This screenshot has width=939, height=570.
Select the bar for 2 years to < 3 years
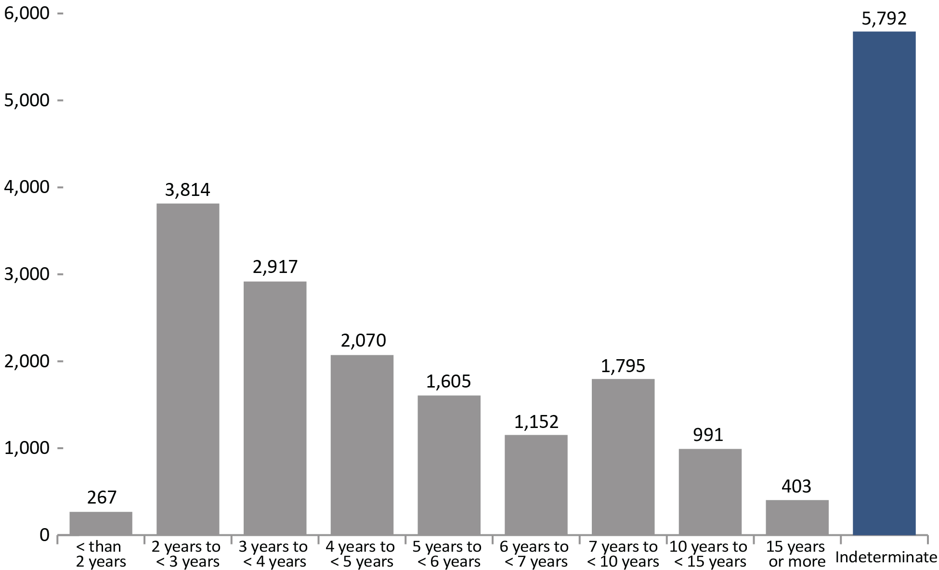click(x=188, y=369)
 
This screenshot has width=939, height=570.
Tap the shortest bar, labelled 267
click(x=101, y=523)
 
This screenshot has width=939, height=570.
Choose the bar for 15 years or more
click(x=797, y=517)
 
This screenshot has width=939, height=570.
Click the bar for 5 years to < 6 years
click(x=449, y=465)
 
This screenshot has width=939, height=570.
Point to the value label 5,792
click(x=884, y=19)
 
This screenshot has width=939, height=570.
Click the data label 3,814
click(x=188, y=190)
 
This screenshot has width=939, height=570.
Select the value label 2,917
click(x=275, y=267)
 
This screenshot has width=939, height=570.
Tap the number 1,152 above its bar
click(x=536, y=422)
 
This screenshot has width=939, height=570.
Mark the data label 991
click(x=708, y=435)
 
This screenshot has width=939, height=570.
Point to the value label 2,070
click(x=363, y=341)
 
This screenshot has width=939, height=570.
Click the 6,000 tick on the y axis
click(x=26, y=13)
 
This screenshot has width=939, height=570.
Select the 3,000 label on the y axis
click(x=26, y=274)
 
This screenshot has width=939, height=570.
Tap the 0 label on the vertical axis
click(x=44, y=535)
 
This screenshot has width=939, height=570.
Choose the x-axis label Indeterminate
click(x=886, y=557)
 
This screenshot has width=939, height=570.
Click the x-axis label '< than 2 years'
click(x=101, y=554)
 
